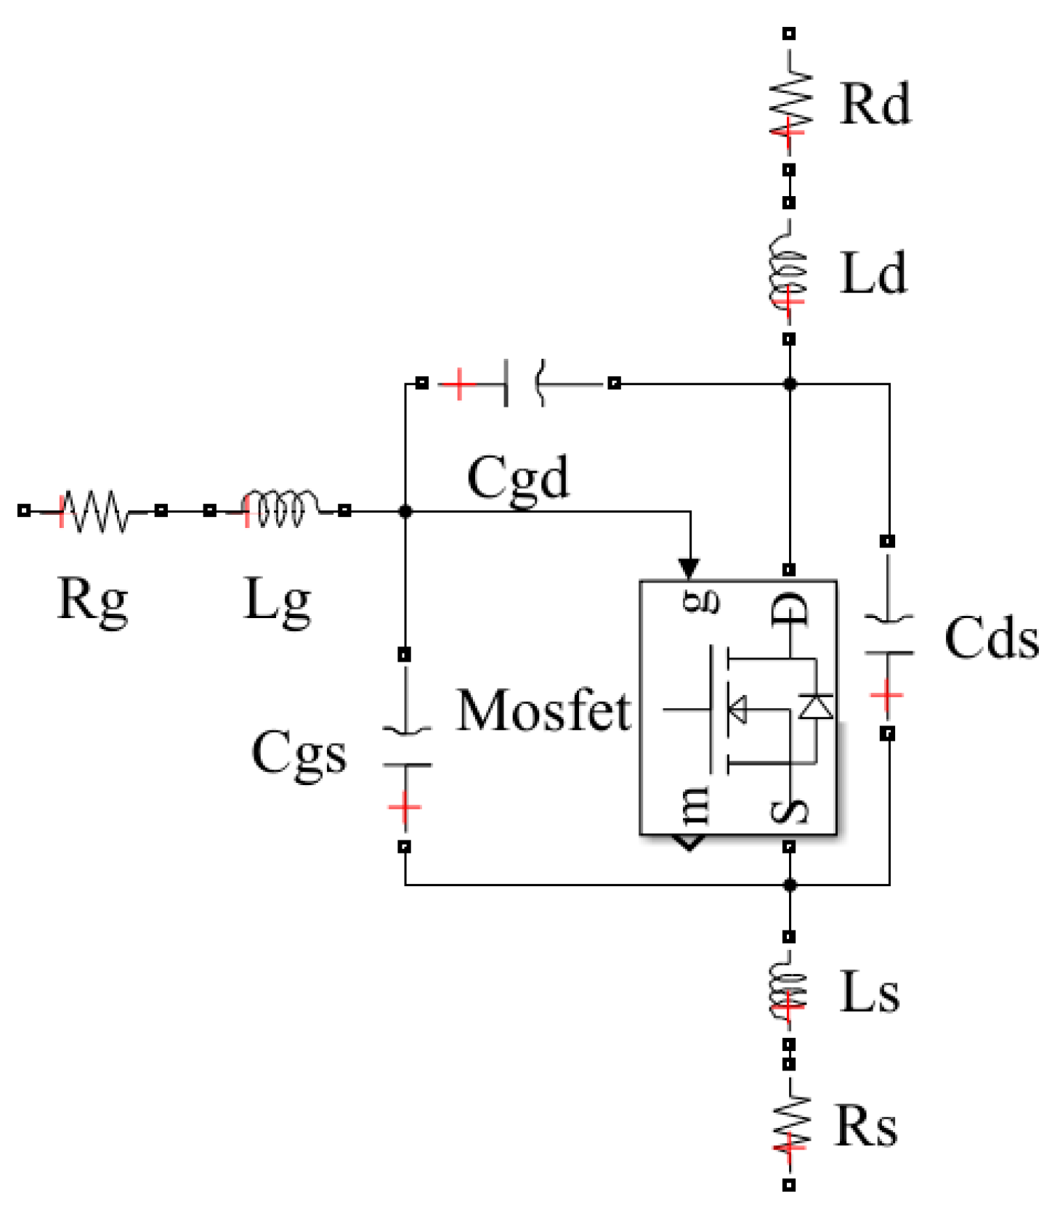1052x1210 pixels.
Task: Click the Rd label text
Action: [874, 105]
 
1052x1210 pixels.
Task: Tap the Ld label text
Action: [873, 274]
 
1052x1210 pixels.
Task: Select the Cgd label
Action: [518, 479]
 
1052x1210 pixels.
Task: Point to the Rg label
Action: [92, 600]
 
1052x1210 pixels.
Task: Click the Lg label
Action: [277, 600]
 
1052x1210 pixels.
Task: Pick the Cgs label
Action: [299, 753]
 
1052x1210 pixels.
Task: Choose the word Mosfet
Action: [543, 710]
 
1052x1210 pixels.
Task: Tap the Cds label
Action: [991, 638]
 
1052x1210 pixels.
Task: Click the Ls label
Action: [870, 993]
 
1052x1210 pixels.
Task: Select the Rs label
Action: [866, 1126]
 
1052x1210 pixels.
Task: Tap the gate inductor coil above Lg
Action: [279, 508]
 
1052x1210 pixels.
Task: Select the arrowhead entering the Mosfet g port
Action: [689, 568]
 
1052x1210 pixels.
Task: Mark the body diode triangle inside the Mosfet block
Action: [815, 706]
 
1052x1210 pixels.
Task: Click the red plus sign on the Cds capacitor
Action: [886, 696]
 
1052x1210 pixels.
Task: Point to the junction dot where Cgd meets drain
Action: [790, 383]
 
